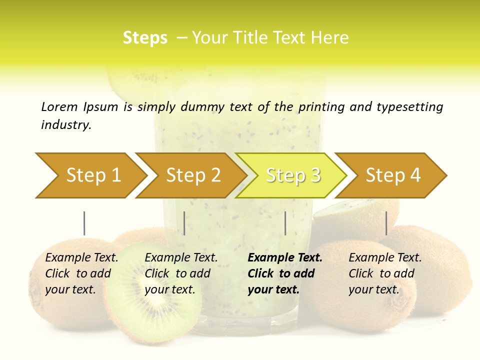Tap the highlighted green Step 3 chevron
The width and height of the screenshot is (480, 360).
coord(291,175)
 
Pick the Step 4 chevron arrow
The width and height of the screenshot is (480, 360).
coord(391,175)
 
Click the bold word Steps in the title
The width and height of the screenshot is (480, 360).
coord(145,38)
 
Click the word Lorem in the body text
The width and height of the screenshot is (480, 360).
coord(59,106)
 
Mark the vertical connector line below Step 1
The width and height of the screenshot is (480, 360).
coord(84,223)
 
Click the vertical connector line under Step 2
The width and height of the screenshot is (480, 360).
coord(184,223)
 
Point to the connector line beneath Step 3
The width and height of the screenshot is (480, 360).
coord(285,223)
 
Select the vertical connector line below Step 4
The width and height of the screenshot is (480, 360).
coord(386,223)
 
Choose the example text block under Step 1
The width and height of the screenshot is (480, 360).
coord(81,273)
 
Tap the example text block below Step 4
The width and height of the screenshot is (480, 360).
coord(385,273)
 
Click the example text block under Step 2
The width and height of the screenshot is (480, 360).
coord(181,273)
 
